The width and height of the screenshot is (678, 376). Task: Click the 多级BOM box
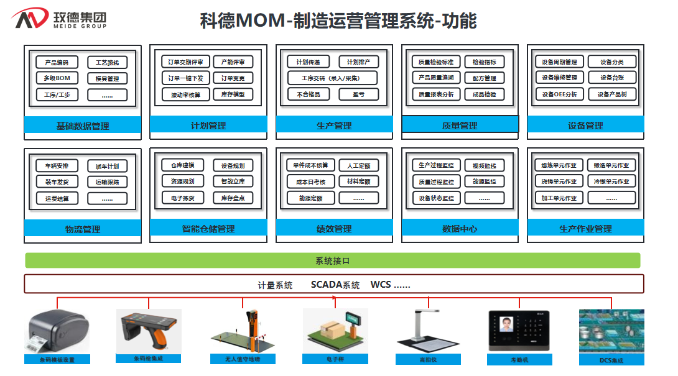pos(57,78)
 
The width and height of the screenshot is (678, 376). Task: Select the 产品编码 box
pos(57,62)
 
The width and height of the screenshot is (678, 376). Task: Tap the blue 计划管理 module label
pos(208,126)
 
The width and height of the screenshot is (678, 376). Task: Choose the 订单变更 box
pos(233,78)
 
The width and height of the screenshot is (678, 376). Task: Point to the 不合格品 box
pos(309,94)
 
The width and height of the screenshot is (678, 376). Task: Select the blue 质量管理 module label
pos(460,126)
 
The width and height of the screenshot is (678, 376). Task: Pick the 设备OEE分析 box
pos(559,94)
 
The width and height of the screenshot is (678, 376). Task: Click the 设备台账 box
pos(612,78)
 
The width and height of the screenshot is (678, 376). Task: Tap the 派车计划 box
pos(107,166)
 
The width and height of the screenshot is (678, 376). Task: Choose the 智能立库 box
pos(233,181)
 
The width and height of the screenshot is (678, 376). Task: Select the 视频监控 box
pos(485,166)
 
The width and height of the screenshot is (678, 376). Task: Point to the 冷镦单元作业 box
pos(612,181)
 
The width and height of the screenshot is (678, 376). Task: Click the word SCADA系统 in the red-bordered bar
pos(335,285)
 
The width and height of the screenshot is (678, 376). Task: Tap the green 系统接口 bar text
pos(333,261)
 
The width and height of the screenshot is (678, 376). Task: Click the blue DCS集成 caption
pos(611,360)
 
